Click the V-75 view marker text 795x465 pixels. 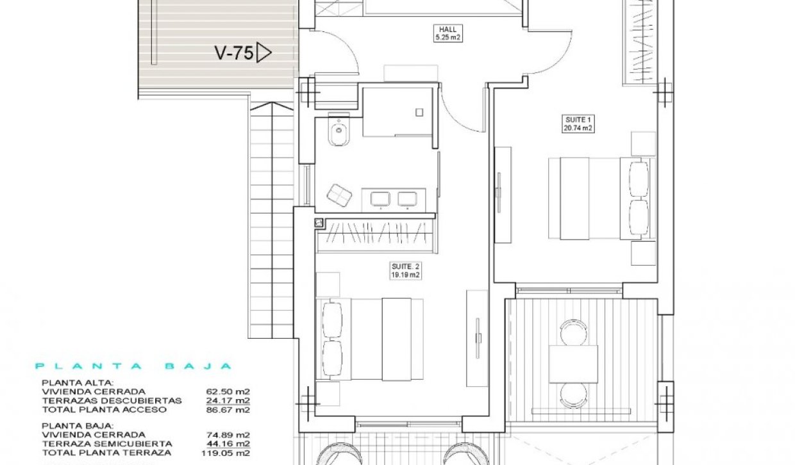[233, 53]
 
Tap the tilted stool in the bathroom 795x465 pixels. [339, 195]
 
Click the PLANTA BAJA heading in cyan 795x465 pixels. [133, 366]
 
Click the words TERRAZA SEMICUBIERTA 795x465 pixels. [106, 443]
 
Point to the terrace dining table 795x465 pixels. [573, 364]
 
